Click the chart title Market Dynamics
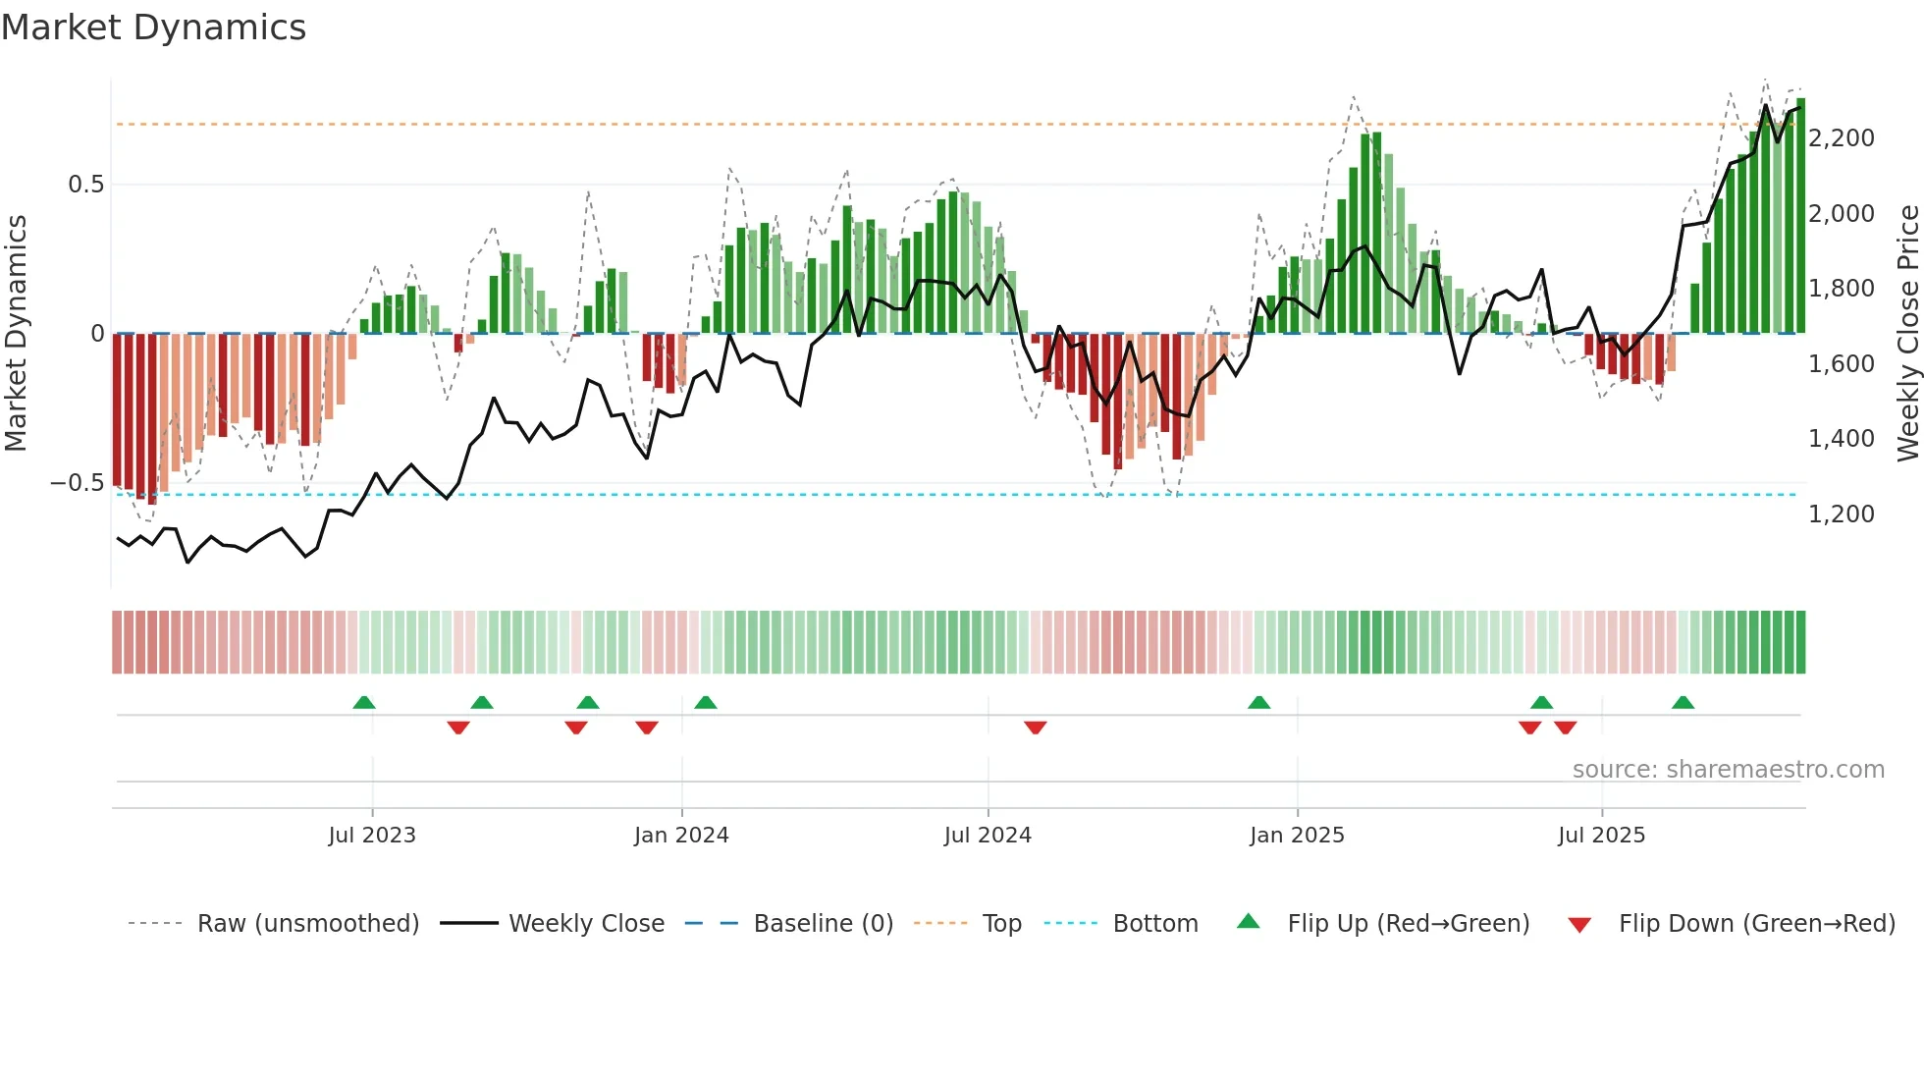[x=153, y=27]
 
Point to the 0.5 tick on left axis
[x=85, y=185]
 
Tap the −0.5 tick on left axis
[x=77, y=483]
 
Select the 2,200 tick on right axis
[x=1841, y=138]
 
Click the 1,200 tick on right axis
[x=1841, y=514]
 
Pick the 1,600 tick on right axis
[x=1841, y=364]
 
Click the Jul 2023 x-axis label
[x=372, y=836]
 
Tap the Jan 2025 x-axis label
[x=1297, y=836]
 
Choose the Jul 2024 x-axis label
[x=988, y=836]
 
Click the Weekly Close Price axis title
[x=1907, y=333]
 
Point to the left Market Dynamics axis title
[x=16, y=333]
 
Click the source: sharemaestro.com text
[x=1728, y=770]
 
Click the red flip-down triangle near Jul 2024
[x=1035, y=728]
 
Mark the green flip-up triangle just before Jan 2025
[x=1258, y=702]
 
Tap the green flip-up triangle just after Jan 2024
[x=705, y=702]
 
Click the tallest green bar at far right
[x=1800, y=216]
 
